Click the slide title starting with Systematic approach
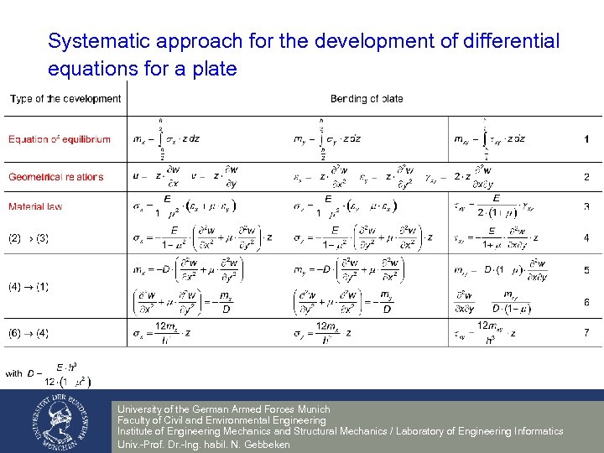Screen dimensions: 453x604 click(303, 55)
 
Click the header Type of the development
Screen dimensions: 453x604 click(65, 99)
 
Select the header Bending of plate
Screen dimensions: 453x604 click(367, 99)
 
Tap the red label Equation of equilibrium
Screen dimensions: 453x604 click(60, 139)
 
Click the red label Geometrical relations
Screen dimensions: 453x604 click(56, 177)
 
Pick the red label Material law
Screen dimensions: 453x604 click(35, 206)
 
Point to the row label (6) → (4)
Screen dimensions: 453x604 click(29, 334)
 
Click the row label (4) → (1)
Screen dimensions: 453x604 click(29, 287)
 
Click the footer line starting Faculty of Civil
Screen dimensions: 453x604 click(221, 420)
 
